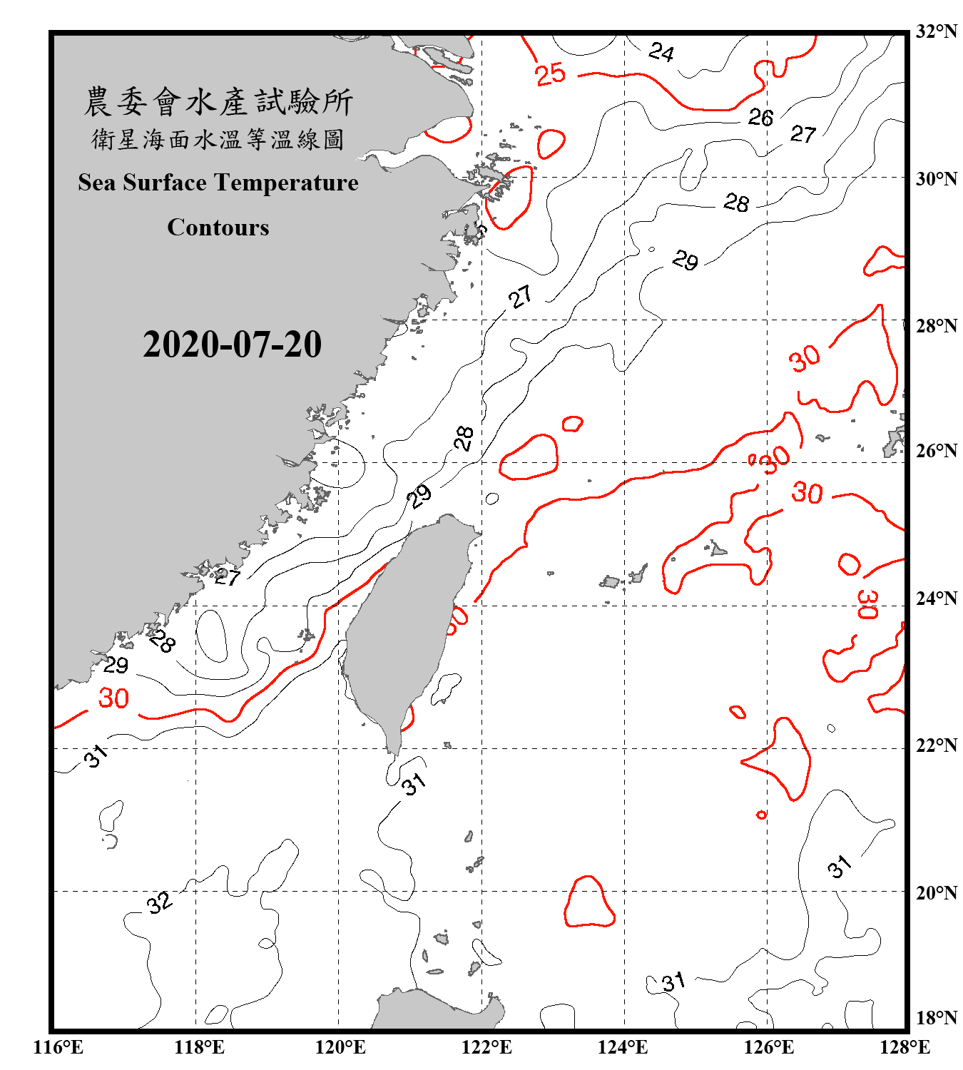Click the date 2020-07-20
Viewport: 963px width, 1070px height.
(x=232, y=345)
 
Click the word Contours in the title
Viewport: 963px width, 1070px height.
(x=218, y=227)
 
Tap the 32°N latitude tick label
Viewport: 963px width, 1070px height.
(x=936, y=31)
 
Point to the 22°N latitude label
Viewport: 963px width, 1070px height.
(x=936, y=745)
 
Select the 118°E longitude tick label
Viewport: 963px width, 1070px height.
(x=199, y=1047)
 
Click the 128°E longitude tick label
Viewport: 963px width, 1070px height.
(x=905, y=1047)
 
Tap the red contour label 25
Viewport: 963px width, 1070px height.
(x=550, y=74)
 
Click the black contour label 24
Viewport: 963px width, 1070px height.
(x=661, y=52)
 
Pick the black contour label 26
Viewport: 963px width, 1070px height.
(x=760, y=117)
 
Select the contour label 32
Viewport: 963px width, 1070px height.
(x=159, y=902)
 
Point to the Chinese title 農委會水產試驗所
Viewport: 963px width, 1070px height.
(x=218, y=102)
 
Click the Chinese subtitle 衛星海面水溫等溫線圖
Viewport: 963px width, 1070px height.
(x=218, y=139)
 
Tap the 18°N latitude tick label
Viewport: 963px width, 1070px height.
(x=936, y=1018)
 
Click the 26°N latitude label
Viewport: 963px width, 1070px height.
(x=936, y=451)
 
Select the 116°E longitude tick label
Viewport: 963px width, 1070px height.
(x=58, y=1047)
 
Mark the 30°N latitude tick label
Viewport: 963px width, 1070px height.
(x=936, y=178)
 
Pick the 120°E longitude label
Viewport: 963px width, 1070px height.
(x=340, y=1047)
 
